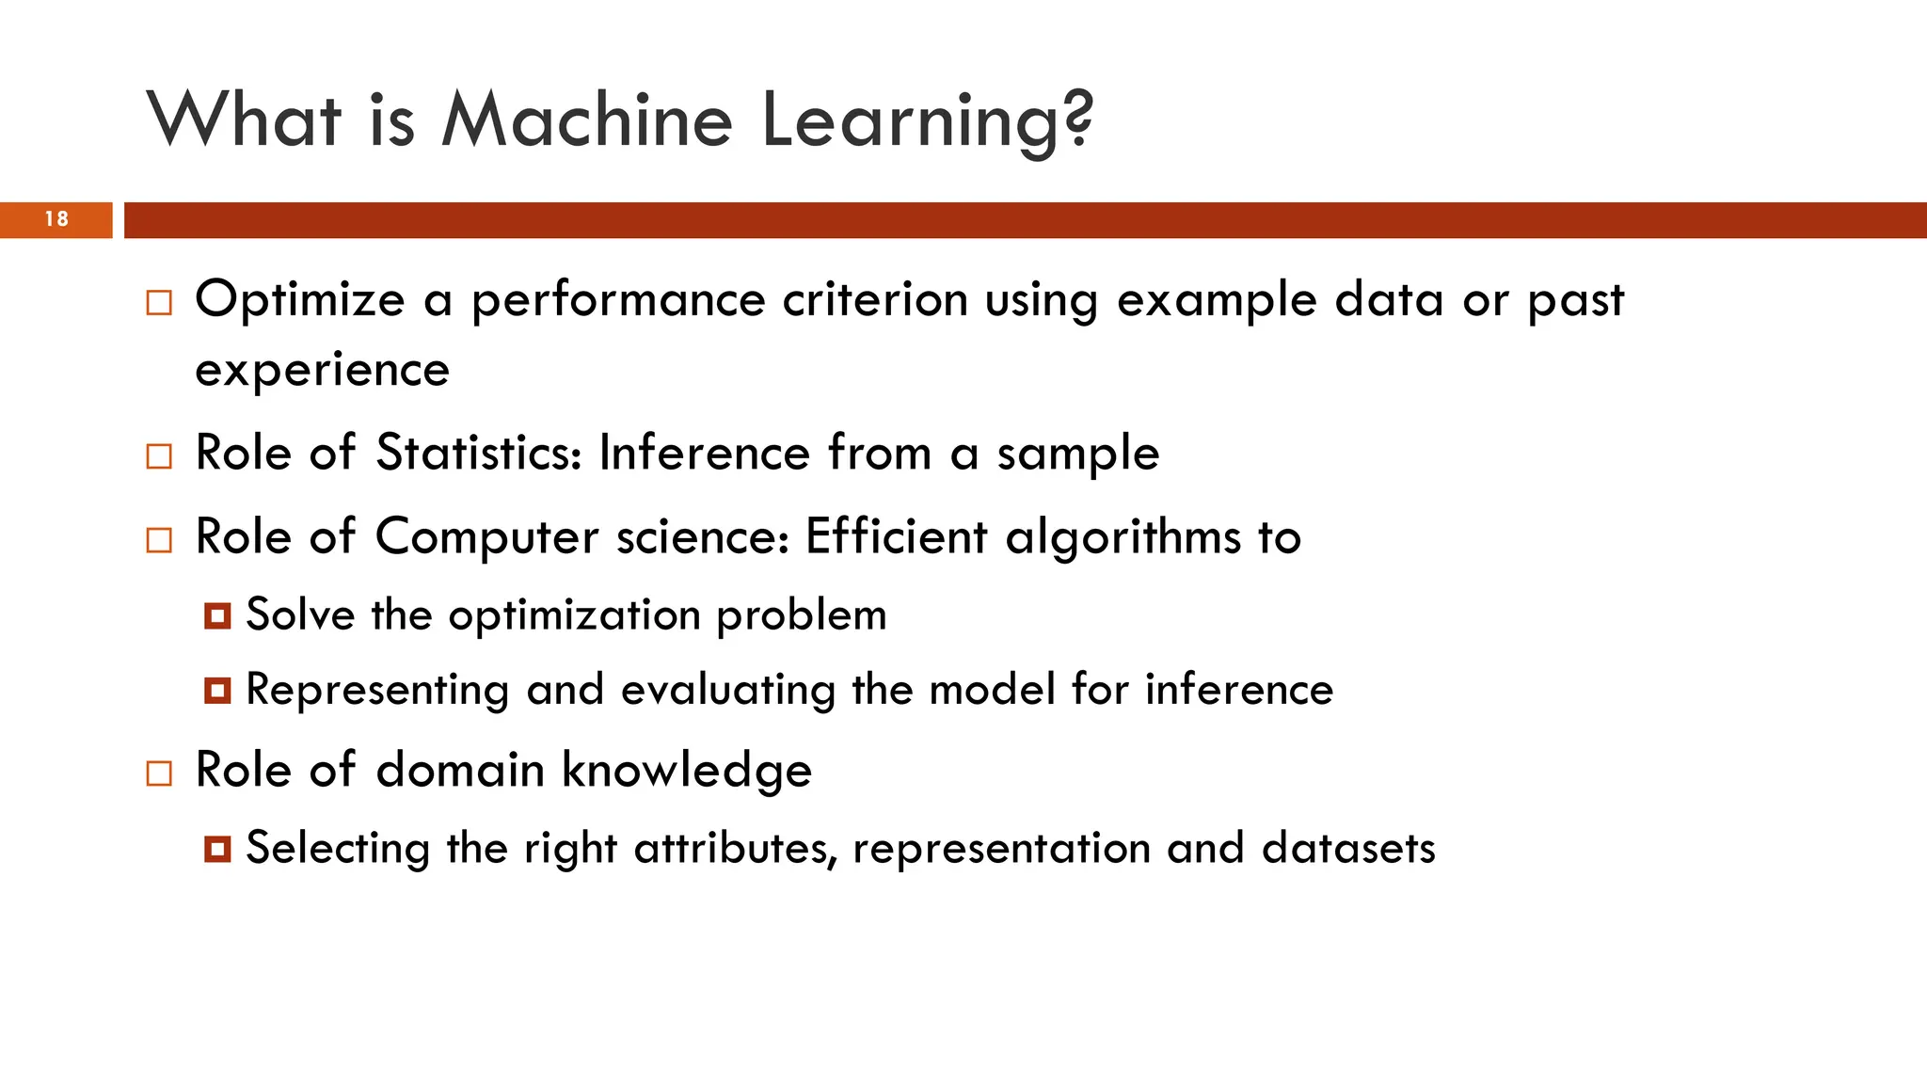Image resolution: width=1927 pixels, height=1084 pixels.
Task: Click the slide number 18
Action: tap(56, 219)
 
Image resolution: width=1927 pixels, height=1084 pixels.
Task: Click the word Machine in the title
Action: tap(586, 120)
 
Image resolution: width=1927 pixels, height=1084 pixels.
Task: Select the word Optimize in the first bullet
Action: tap(299, 301)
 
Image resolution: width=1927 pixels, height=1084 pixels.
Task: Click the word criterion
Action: tap(875, 301)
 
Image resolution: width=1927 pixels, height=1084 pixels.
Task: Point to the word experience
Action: tap(322, 371)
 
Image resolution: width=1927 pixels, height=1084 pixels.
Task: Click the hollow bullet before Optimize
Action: tap(159, 303)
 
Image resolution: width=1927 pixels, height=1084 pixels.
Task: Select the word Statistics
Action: tap(478, 454)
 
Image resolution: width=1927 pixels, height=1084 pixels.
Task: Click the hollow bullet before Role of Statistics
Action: tap(159, 456)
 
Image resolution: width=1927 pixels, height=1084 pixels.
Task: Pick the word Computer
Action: tap(486, 538)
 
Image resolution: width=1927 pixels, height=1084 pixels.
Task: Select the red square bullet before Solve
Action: tap(217, 616)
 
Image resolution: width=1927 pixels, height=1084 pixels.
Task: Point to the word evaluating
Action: tap(728, 691)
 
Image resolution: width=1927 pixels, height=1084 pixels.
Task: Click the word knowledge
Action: tap(687, 772)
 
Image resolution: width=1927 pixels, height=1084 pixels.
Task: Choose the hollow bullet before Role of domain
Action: tap(159, 773)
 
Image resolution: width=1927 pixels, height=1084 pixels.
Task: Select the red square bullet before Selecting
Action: tap(217, 850)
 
